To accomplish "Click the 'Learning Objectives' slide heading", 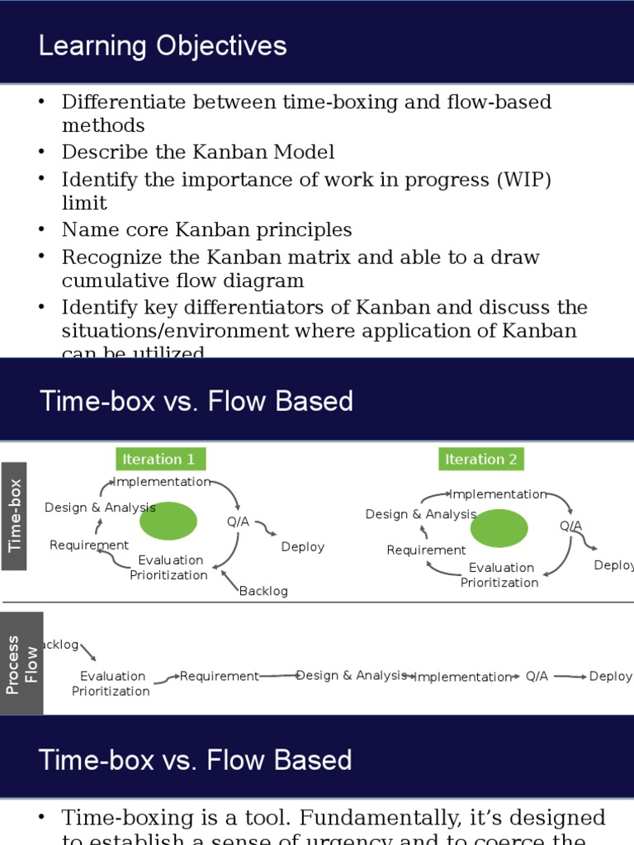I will (163, 46).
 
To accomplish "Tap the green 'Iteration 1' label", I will (158, 460).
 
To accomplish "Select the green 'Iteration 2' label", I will (480, 460).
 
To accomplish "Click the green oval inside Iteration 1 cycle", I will (168, 521).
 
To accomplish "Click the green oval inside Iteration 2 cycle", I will (499, 528).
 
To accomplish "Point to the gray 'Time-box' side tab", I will (14, 516).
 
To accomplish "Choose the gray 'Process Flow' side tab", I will (22, 663).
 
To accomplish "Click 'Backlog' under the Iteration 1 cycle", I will (263, 591).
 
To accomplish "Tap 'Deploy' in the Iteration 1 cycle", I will (302, 547).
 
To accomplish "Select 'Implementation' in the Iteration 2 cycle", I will (498, 494).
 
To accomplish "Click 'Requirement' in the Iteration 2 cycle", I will (426, 550).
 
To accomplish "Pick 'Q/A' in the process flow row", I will (537, 676).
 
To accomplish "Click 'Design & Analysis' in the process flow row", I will (352, 675).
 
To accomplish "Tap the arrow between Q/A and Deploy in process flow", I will (570, 676).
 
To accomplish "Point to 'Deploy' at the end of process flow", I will (610, 676).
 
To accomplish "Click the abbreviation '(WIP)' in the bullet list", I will (523, 180).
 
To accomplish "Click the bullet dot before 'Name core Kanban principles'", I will (41, 229).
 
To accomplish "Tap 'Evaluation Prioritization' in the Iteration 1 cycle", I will (169, 568).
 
